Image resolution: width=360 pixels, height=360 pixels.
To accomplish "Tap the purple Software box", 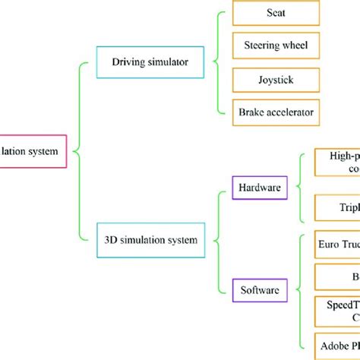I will pyautogui.click(x=257, y=289).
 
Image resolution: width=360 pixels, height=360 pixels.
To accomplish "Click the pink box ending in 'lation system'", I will pyautogui.click(x=33, y=150).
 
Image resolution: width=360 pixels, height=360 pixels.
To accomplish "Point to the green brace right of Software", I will pyautogui.click(x=302, y=289).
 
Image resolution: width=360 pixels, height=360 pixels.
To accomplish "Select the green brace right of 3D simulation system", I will pyautogui.click(x=221, y=240).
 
